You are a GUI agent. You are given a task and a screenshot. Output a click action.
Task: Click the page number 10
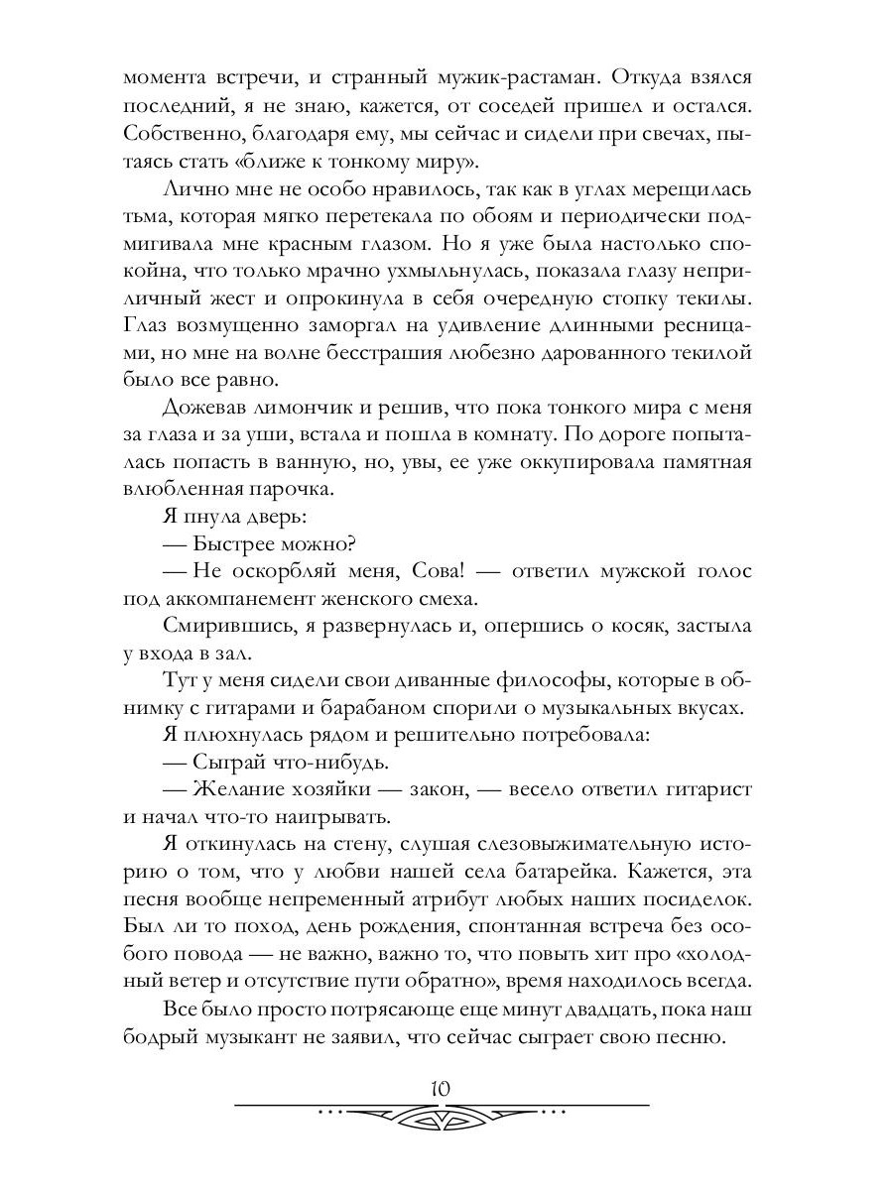point(442,1088)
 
